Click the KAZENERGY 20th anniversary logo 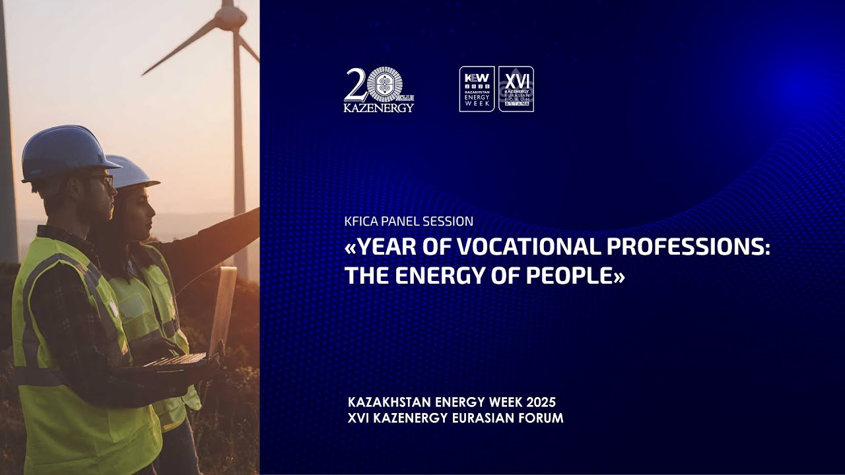tap(378, 90)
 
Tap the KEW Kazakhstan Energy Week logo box tap(477, 89)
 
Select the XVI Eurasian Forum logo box tap(516, 89)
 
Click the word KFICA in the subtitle tap(360, 222)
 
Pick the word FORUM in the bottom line tap(541, 418)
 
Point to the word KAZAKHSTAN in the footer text tap(388, 402)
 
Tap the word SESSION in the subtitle tap(452, 222)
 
